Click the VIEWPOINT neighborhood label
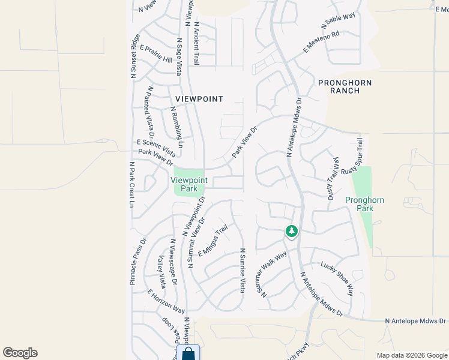coord(199,99)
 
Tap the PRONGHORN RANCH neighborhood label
coord(345,86)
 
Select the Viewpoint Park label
coord(189,184)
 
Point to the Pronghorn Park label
coord(364,204)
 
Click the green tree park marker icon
coord(292,231)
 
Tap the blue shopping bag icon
coord(188,353)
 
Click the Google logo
coord(20,353)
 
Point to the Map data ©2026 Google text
coord(411,355)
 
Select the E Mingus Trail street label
coord(213,241)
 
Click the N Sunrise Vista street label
coord(243,271)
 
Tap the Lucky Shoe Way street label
coord(337,278)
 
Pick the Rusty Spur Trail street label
coord(353,155)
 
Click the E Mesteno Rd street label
coord(321,42)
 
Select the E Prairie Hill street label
coord(155,54)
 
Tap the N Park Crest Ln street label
coord(131,184)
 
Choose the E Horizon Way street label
coord(166,301)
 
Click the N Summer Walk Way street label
coord(274,273)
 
